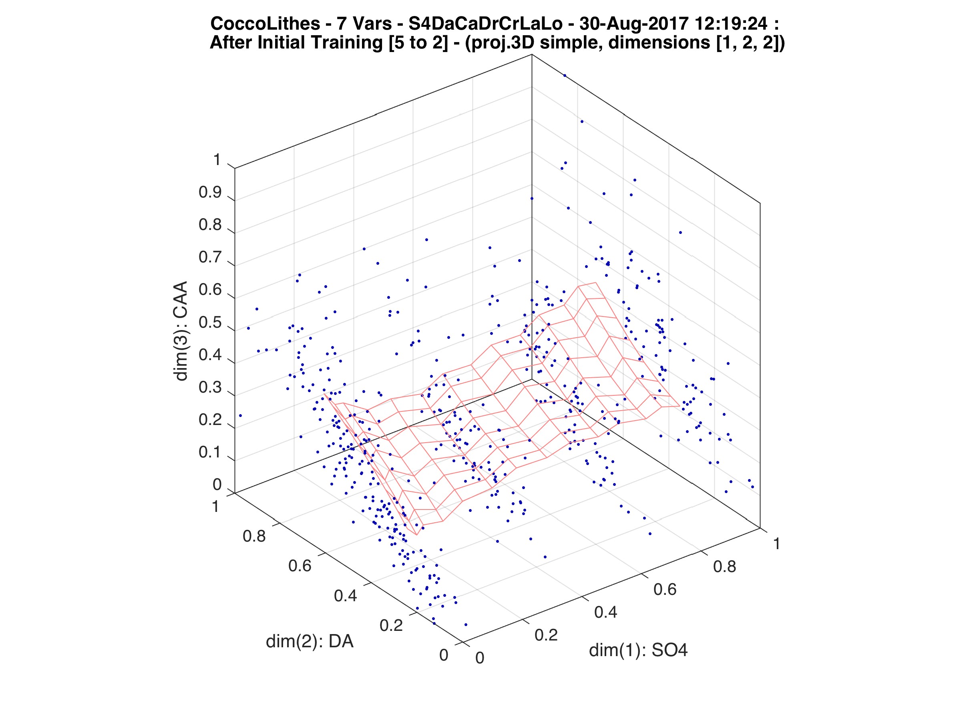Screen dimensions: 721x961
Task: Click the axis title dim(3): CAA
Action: [181, 331]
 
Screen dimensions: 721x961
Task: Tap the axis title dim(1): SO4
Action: [638, 650]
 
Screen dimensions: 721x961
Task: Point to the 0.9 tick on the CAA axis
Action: [210, 193]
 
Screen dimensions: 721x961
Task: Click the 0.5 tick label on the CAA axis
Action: [210, 323]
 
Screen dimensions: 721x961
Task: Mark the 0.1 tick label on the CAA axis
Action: [210, 452]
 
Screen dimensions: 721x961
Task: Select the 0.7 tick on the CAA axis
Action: [210, 257]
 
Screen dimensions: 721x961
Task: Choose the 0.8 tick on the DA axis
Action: [254, 536]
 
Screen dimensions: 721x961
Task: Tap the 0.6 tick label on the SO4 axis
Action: [665, 589]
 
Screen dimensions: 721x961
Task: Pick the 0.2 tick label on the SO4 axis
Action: [546, 635]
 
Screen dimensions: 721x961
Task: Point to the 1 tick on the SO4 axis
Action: [776, 544]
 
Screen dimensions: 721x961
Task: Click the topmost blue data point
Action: [565, 76]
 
